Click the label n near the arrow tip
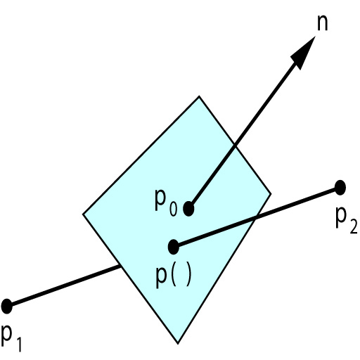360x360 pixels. (x=322, y=24)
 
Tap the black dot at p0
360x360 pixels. (x=188, y=208)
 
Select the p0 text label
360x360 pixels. (x=166, y=202)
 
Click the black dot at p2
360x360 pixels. (x=340, y=188)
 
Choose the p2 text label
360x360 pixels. (x=347, y=221)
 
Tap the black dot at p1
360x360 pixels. (x=6, y=306)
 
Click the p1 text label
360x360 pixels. (x=11, y=338)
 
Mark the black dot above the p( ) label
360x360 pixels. (x=174, y=247)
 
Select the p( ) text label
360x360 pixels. (x=174, y=277)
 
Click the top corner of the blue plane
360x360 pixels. (x=199, y=96)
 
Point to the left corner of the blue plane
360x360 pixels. (x=83, y=214)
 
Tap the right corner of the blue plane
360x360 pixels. (x=271, y=194)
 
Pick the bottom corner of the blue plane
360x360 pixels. (x=178, y=344)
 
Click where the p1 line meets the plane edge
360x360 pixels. (x=120, y=266)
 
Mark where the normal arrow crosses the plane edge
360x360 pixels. (x=234, y=145)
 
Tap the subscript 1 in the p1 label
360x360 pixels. (x=19, y=344)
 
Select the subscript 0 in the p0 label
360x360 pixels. (x=173, y=209)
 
